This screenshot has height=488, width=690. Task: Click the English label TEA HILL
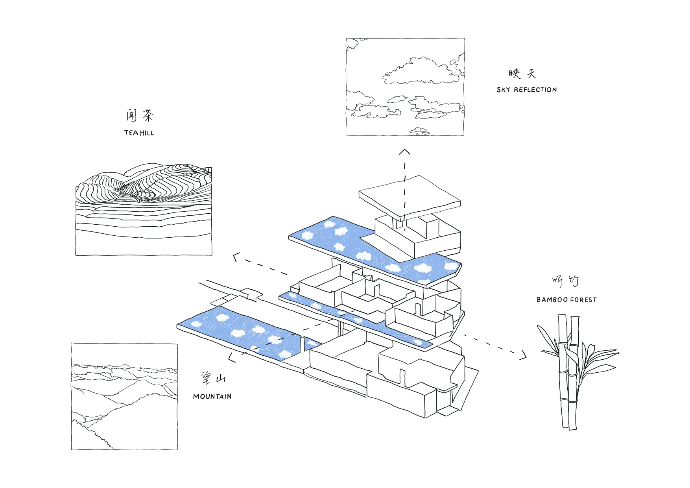pyautogui.click(x=139, y=133)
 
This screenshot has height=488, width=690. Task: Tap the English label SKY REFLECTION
pyautogui.click(x=527, y=90)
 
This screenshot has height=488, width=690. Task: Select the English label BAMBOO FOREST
pyautogui.click(x=566, y=300)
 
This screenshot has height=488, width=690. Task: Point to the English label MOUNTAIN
pyautogui.click(x=212, y=397)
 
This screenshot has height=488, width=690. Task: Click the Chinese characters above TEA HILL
pyautogui.click(x=140, y=115)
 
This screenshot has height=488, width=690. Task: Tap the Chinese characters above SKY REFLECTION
pyautogui.click(x=522, y=74)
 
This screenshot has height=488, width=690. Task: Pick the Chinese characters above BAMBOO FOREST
pyautogui.click(x=566, y=281)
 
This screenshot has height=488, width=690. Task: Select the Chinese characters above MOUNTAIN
pyautogui.click(x=213, y=378)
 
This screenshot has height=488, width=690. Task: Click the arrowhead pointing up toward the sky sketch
pyautogui.click(x=405, y=152)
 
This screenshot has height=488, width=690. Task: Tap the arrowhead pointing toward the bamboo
pyautogui.click(x=523, y=355)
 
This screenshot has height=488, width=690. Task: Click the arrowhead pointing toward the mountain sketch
pyautogui.click(x=232, y=357)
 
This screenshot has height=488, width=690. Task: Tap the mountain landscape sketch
pyautogui.click(x=124, y=396)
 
